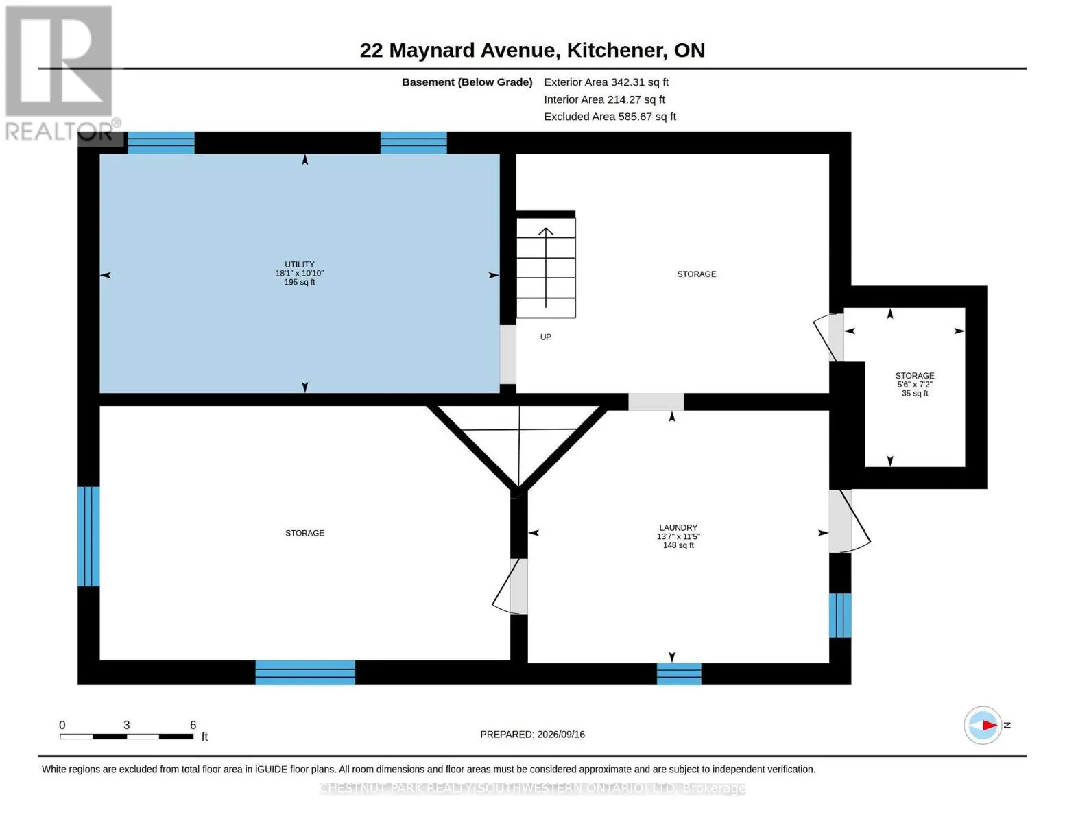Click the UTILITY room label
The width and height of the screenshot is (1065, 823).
(300, 264)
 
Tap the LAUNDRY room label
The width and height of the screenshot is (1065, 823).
(678, 527)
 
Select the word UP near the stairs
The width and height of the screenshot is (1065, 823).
(545, 337)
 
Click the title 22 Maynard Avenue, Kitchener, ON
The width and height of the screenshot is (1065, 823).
(532, 50)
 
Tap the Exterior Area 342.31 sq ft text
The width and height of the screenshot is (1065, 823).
(606, 82)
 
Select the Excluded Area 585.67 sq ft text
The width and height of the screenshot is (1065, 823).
(610, 117)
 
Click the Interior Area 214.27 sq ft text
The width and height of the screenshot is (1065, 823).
(604, 99)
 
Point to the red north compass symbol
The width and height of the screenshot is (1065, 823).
(983, 725)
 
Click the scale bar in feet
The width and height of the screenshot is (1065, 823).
(126, 736)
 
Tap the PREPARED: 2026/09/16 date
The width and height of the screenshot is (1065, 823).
(532, 735)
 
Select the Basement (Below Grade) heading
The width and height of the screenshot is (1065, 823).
(466, 82)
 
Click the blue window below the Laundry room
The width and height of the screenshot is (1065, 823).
(679, 673)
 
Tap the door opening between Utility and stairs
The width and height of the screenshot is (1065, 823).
(507, 355)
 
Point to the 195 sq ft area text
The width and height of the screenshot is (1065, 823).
(300, 282)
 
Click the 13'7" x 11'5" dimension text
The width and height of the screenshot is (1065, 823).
(678, 536)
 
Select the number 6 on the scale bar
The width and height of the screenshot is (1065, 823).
(193, 724)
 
